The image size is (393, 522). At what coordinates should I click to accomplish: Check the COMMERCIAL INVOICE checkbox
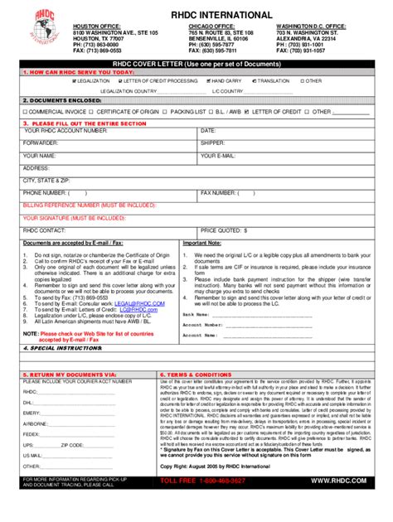coord(26,110)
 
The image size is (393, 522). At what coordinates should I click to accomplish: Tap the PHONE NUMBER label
coord(45,192)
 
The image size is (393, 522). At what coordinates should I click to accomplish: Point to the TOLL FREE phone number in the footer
coord(191,503)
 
